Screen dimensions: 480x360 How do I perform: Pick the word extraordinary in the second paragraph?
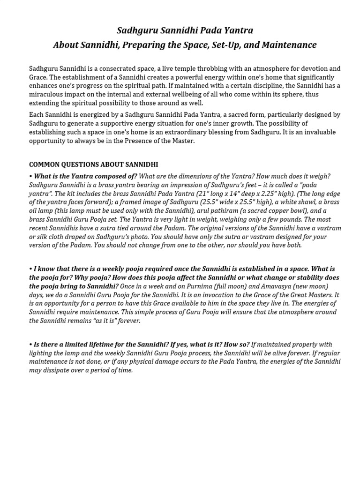pyautogui.click(x=206, y=132)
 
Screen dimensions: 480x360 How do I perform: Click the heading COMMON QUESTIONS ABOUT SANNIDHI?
pyautogui.click(x=94, y=165)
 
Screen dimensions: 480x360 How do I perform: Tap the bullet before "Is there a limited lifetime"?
pyautogui.click(x=30, y=345)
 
